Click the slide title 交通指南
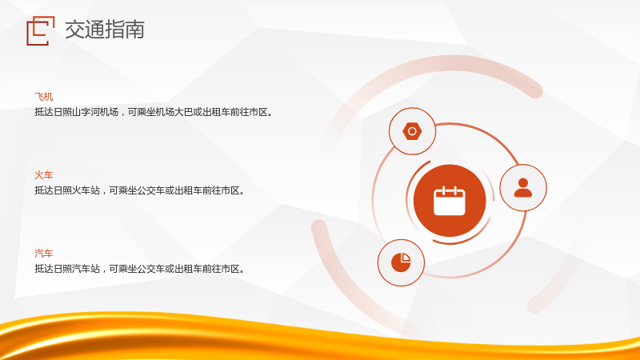point(105,30)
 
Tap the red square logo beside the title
point(41,30)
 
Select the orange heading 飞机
point(44,97)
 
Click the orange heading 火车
point(44,175)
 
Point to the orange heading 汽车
point(44,254)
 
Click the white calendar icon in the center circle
point(450,201)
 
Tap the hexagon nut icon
point(412,131)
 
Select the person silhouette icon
point(523,188)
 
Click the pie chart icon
point(401,262)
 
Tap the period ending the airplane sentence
point(270,114)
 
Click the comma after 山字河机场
point(122,114)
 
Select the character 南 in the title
point(134,30)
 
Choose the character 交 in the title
point(74,30)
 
